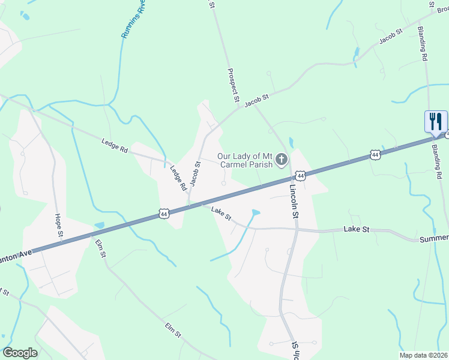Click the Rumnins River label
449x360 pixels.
pos(133,22)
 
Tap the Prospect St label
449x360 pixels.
pos(234,84)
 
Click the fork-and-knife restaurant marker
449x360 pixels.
pos(435,122)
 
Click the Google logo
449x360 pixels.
pos(20,353)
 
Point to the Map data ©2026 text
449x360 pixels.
pos(424,355)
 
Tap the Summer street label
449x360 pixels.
pos(433,238)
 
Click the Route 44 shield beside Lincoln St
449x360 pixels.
pos(301,176)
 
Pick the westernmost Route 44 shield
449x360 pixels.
pos(163,213)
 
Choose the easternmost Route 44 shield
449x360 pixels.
pos(375,155)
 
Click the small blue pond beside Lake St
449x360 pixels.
pos(256,212)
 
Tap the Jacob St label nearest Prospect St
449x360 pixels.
pos(256,100)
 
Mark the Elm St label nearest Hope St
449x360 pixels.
pos(100,248)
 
